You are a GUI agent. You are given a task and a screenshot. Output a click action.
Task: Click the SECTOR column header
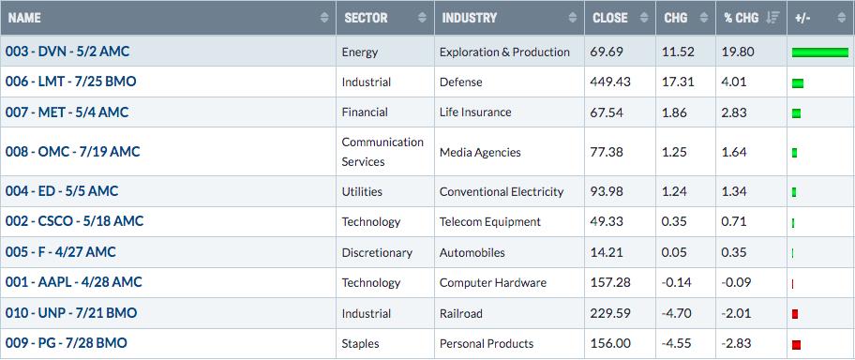366,18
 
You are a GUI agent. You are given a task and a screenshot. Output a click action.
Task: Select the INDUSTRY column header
469,18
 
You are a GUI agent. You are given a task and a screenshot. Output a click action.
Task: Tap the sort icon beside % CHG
772,18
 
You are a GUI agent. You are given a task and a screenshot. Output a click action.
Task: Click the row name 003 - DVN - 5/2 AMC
67,52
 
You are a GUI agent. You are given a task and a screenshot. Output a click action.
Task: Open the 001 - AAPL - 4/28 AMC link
74,282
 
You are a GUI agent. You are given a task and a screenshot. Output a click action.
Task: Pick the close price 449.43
610,82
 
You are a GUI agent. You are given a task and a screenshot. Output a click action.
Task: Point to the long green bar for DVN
820,52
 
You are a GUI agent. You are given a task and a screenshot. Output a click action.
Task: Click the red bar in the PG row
796,345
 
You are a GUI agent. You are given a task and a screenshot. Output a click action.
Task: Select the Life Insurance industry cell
475,112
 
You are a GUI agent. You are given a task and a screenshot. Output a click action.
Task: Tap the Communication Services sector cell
382,152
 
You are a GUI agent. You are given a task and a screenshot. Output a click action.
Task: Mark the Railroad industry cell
461,314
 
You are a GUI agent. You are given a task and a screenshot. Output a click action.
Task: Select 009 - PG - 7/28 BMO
66,343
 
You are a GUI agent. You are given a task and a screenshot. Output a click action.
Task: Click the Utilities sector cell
362,192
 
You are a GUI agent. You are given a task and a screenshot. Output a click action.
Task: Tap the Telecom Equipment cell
490,222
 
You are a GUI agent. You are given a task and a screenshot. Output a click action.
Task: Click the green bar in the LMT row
798,83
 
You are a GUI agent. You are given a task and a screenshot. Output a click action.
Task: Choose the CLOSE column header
610,18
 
